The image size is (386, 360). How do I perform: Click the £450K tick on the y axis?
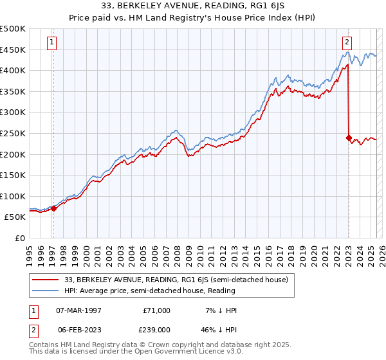point(13,50)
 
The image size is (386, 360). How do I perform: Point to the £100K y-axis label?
point(13,196)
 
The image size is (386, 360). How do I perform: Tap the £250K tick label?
point(13,133)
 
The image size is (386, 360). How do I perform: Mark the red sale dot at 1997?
point(54,208)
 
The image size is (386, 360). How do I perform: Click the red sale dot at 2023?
point(349,138)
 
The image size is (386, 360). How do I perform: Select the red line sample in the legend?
point(46,280)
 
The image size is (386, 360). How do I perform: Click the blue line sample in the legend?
point(46,291)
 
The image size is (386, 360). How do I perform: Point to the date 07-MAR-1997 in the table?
point(80,310)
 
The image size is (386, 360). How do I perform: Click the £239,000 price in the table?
point(156,329)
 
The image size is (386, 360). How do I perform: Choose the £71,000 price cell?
point(156,310)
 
